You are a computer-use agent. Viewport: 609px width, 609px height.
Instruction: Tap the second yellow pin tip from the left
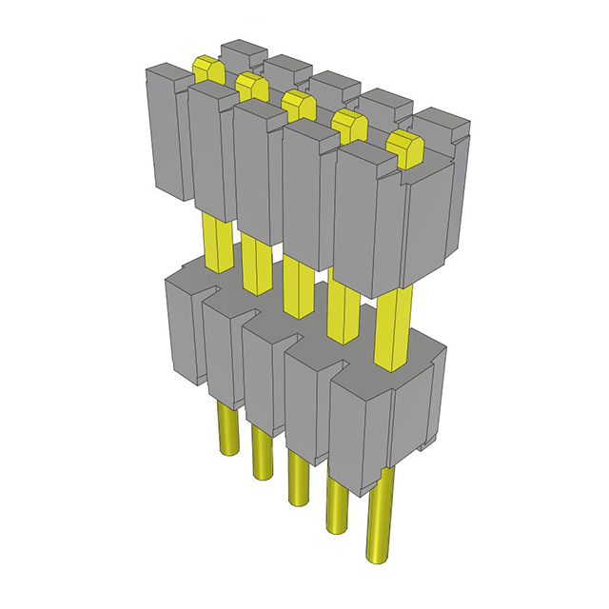pyautogui.click(x=251, y=85)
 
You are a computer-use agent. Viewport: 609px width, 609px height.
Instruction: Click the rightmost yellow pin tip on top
pyautogui.click(x=404, y=148)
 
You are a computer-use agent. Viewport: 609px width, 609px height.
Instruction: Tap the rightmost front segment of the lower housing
pyautogui.click(x=362, y=428)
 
